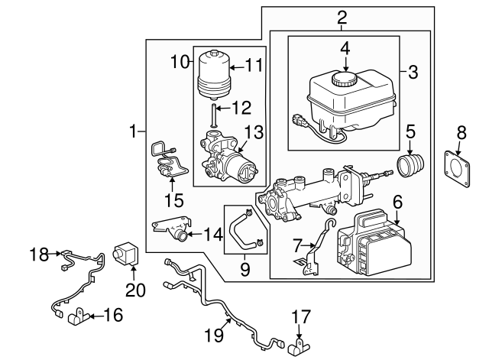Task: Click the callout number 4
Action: click(x=345, y=48)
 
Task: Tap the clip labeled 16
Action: click(x=80, y=316)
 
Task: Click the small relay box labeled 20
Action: click(x=125, y=253)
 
